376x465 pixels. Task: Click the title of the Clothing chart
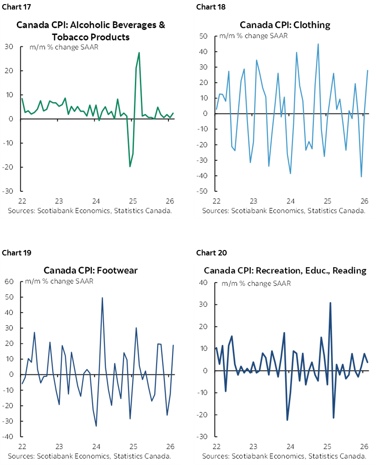[285, 25]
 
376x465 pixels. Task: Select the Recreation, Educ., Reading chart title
[285, 270]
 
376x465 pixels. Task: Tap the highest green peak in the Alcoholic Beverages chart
[139, 53]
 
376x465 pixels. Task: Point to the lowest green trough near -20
[130, 166]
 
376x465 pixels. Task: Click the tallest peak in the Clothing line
[318, 44]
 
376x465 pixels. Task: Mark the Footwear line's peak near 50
[102, 298]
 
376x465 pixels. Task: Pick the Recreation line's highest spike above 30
[330, 303]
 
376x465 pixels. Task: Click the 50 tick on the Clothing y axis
[203, 36]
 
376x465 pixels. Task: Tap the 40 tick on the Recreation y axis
[203, 283]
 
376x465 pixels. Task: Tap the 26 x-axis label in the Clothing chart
[364, 200]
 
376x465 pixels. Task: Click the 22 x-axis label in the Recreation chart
[216, 446]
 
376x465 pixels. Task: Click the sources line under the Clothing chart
[284, 210]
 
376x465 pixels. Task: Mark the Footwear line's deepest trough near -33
[96, 426]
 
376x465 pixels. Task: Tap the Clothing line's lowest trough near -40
[361, 176]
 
